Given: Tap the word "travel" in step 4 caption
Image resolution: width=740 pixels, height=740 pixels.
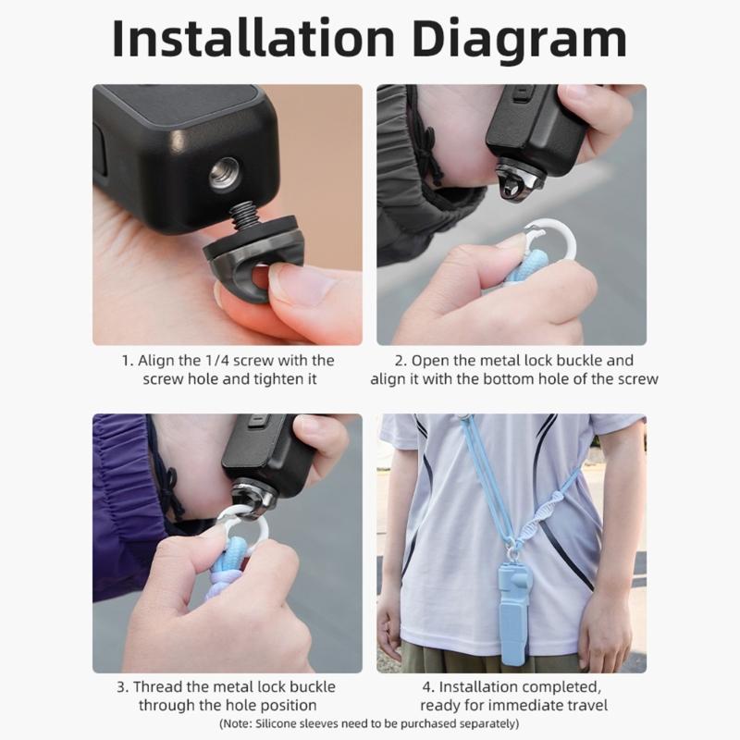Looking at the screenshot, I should [x=585, y=705].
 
